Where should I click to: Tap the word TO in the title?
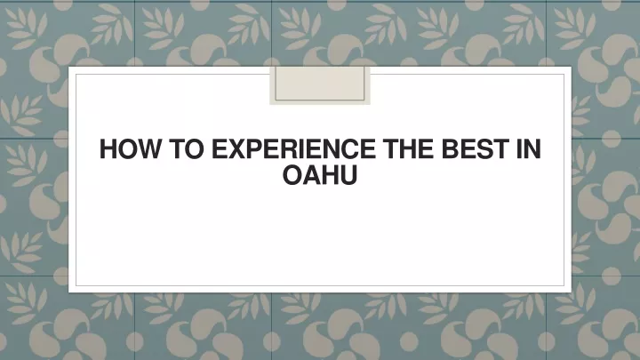(x=186, y=148)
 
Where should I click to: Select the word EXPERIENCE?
(x=293, y=148)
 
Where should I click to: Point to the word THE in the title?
(x=408, y=148)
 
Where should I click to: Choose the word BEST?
(x=476, y=148)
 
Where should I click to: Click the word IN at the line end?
(x=529, y=148)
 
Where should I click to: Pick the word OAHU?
(x=320, y=175)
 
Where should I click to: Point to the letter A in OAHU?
(x=312, y=175)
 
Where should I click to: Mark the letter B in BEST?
(x=450, y=148)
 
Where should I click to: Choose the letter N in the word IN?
(x=533, y=148)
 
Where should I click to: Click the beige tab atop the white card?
(x=320, y=85)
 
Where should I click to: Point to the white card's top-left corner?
(x=68, y=66)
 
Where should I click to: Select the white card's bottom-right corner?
(x=572, y=292)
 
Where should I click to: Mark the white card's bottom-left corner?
(x=68, y=292)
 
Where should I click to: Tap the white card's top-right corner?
(x=572, y=66)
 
